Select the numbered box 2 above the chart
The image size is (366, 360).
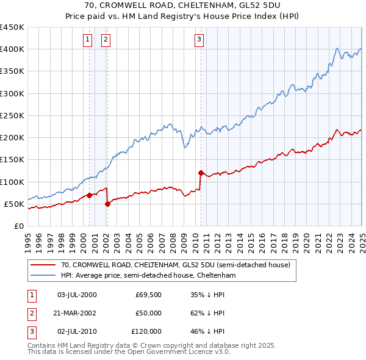tap(106, 40)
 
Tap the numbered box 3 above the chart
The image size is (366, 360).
tap(199, 40)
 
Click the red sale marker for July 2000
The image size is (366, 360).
tap(89, 195)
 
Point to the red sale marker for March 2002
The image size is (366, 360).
tap(107, 204)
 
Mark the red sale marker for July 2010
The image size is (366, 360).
tap(201, 173)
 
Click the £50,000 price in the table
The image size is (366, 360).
tap(148, 313)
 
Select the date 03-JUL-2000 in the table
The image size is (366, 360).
tap(76, 295)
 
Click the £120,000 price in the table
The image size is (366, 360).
tap(146, 331)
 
